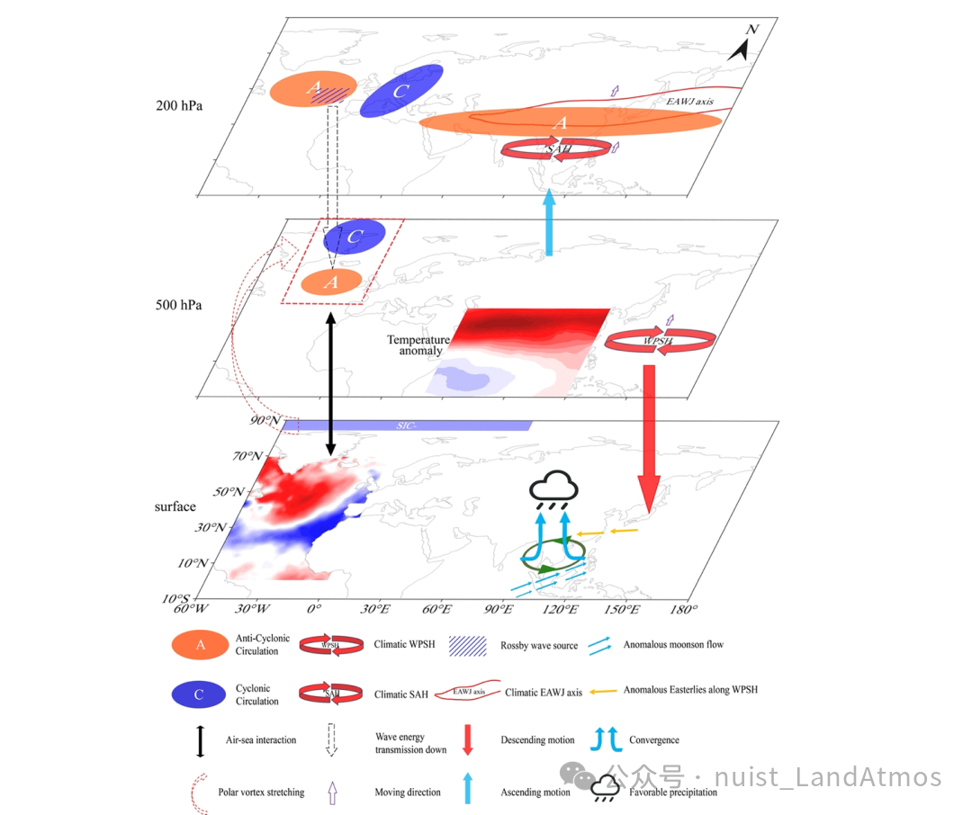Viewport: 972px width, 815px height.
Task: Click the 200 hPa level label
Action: pos(179,105)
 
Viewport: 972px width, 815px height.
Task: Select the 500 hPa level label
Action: pos(178,305)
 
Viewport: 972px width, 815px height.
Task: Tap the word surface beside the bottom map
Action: pos(175,506)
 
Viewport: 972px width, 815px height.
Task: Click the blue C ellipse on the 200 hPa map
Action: pos(401,92)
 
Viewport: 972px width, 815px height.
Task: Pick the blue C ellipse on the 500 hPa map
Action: pos(355,237)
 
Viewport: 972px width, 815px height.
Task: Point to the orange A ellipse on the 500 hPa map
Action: pos(331,282)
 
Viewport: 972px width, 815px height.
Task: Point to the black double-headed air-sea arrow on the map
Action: pos(331,382)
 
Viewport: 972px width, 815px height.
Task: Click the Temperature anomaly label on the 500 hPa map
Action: pos(418,345)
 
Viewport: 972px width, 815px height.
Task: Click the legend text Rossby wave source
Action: pos(539,646)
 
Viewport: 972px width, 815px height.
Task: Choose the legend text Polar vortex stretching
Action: pos(261,793)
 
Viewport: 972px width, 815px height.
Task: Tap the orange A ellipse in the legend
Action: pos(201,644)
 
